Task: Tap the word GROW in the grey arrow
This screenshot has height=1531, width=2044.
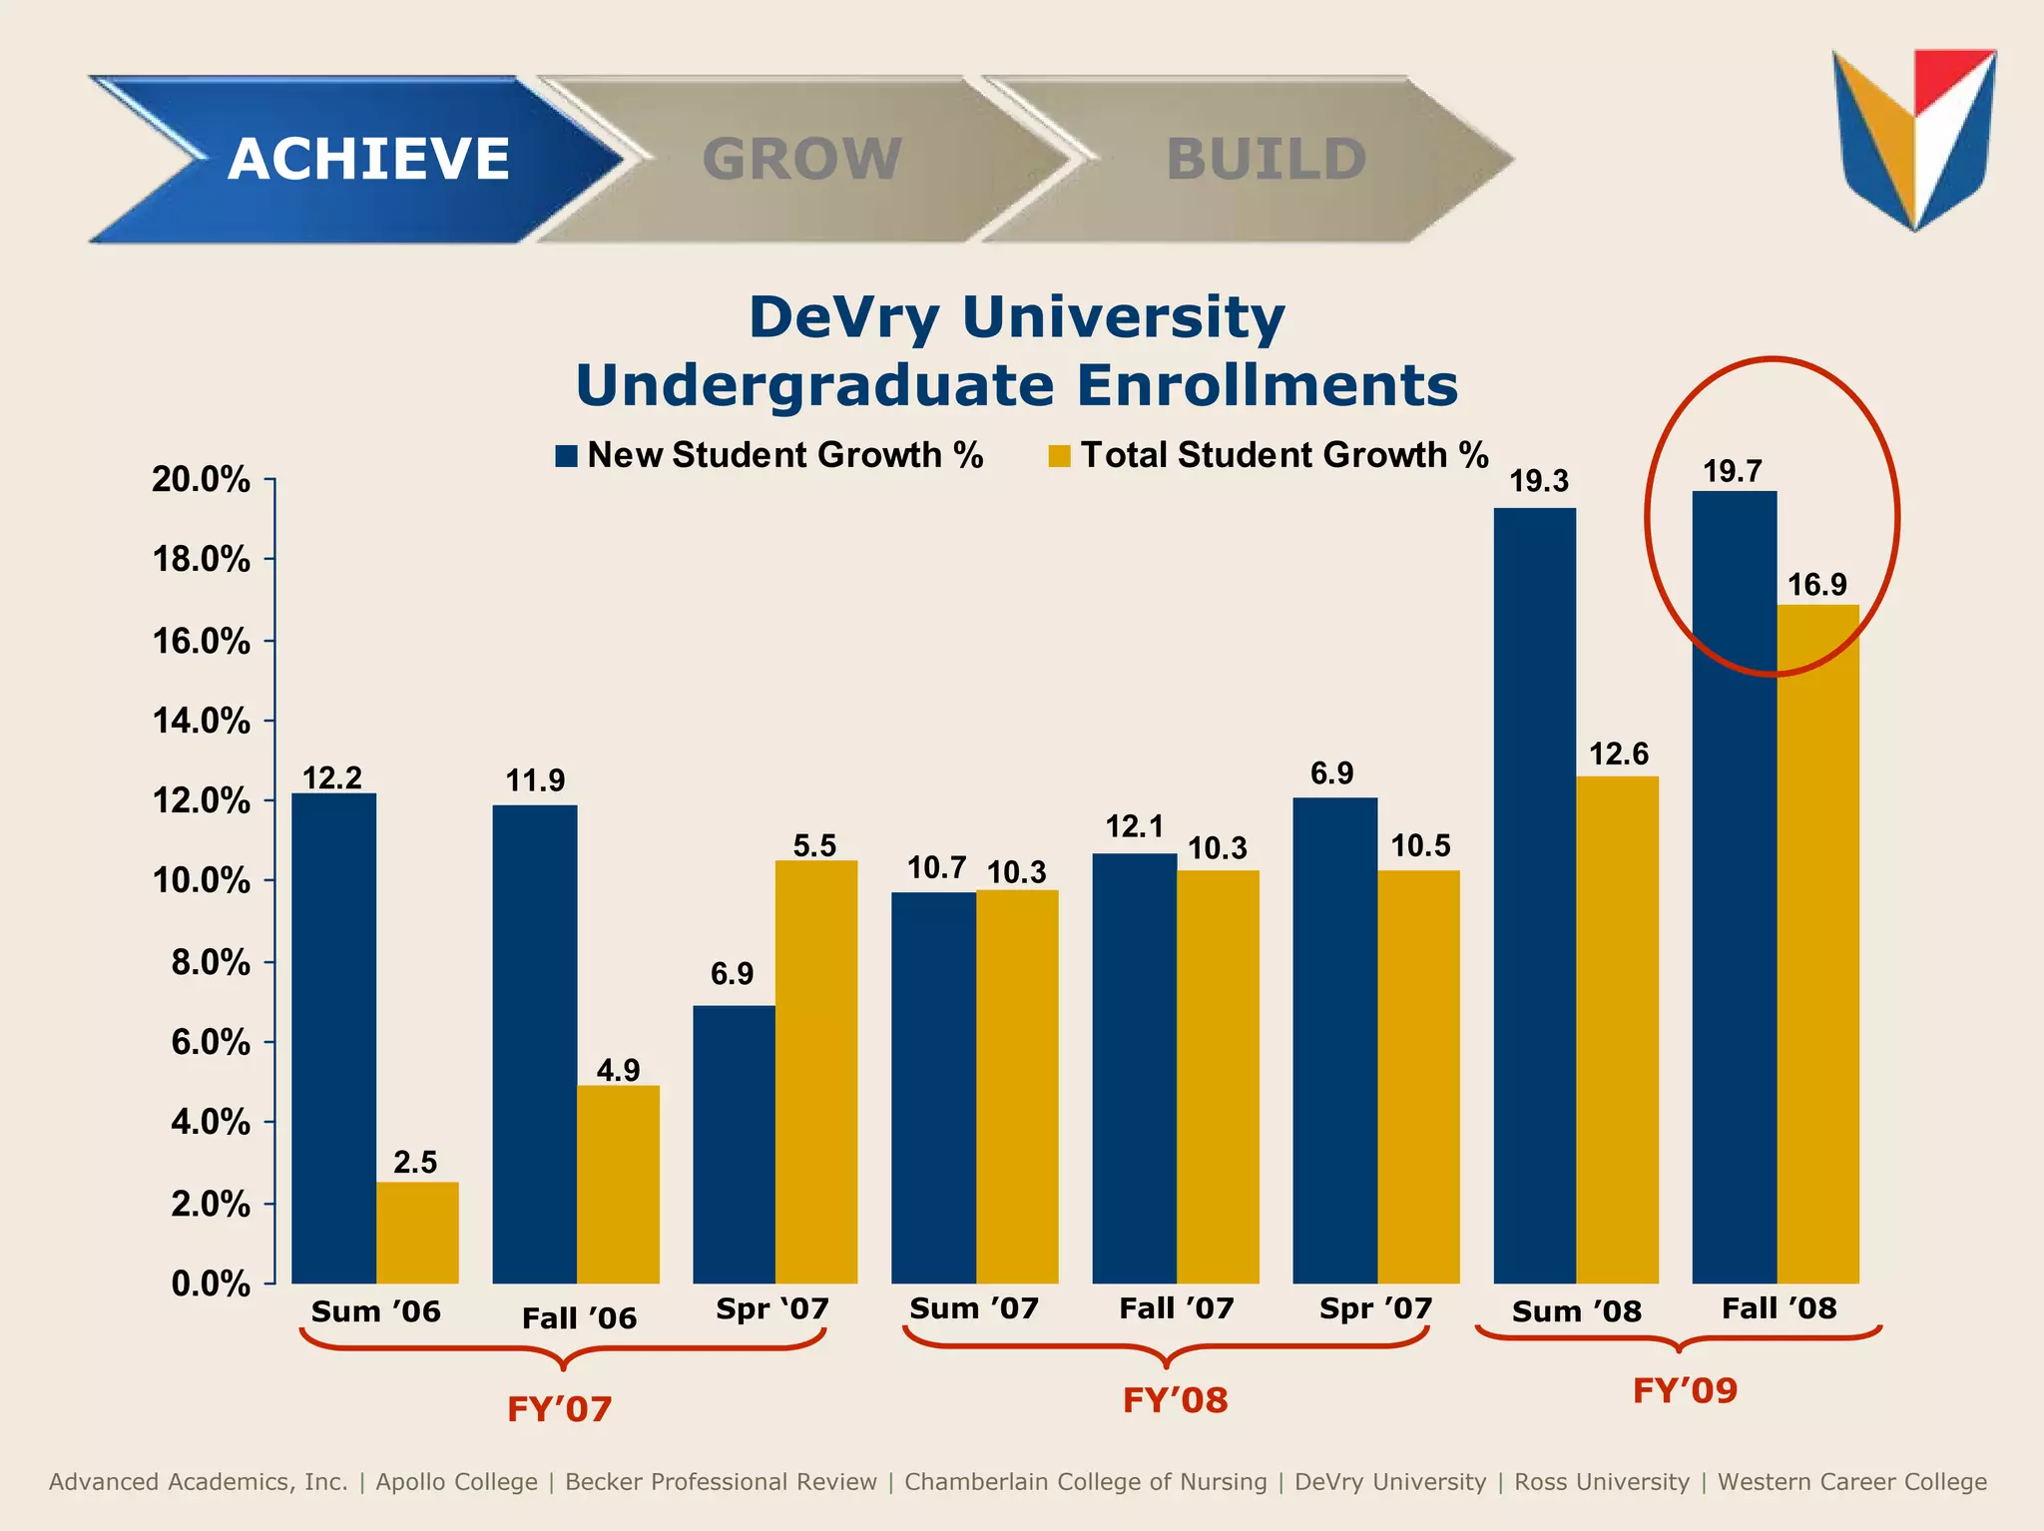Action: click(801, 160)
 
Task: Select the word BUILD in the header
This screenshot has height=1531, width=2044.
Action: click(1266, 160)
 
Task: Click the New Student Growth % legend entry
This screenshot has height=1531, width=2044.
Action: click(769, 455)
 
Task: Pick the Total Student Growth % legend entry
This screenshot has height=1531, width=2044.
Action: click(1269, 455)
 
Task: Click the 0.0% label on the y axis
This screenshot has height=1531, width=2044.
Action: click(211, 1283)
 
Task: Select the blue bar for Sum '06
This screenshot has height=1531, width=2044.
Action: click(333, 1038)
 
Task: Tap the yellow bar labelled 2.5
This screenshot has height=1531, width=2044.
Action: click(417, 1233)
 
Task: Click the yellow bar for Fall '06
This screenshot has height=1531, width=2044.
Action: click(618, 1184)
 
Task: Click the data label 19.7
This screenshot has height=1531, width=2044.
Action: click(1732, 471)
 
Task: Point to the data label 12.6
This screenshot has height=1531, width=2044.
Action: click(1618, 754)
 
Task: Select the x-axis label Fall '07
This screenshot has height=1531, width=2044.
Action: click(1176, 1308)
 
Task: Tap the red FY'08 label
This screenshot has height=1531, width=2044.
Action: click(1175, 1400)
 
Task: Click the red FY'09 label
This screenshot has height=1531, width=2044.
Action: click(1685, 1390)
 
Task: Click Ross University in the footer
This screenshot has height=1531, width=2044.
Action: click(1601, 1482)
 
